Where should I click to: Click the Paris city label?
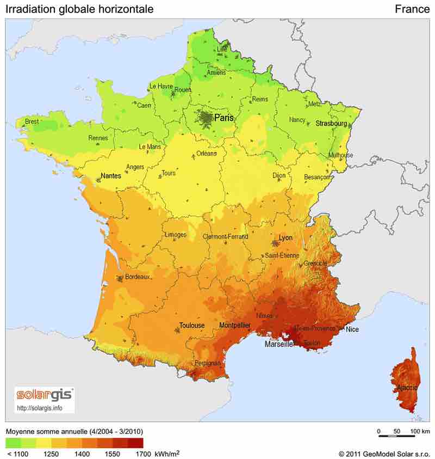click(x=224, y=118)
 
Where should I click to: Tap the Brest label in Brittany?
click(x=32, y=122)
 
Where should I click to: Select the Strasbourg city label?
click(x=331, y=124)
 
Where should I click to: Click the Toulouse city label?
click(x=192, y=326)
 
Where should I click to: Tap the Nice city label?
click(x=352, y=329)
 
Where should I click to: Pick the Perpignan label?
click(x=207, y=363)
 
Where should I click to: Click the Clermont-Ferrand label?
click(x=225, y=237)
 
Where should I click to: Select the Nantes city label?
click(x=111, y=176)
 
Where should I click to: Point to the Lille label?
click(x=222, y=49)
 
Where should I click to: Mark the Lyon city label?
click(x=285, y=238)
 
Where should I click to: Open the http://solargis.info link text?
click(x=40, y=407)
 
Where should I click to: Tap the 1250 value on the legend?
click(x=52, y=453)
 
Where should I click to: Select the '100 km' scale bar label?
click(x=420, y=431)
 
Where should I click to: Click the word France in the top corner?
click(x=412, y=9)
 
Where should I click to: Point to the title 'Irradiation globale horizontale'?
click(x=79, y=9)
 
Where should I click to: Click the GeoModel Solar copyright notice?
click(x=384, y=453)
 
